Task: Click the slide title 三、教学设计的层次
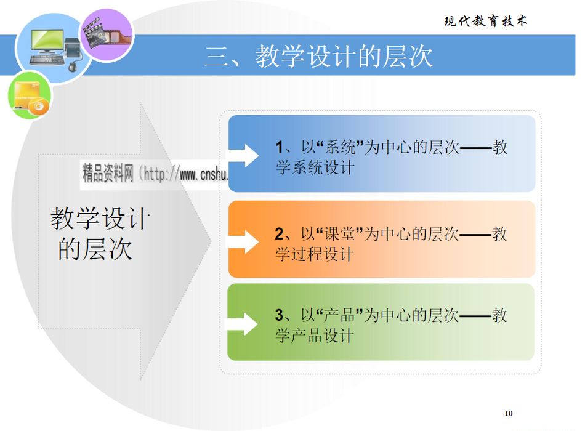[x=318, y=57]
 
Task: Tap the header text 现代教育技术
[x=485, y=21]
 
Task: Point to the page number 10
[x=509, y=414]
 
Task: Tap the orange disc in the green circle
[x=38, y=107]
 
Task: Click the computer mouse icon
[x=73, y=66]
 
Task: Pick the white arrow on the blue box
[x=244, y=155]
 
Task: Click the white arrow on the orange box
[x=244, y=242]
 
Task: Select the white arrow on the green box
[x=243, y=324]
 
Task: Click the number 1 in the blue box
[x=279, y=147]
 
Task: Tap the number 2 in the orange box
[x=279, y=234]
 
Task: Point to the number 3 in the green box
[x=279, y=315]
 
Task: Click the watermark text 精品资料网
[x=108, y=173]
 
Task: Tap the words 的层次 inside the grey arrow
[x=95, y=249]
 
